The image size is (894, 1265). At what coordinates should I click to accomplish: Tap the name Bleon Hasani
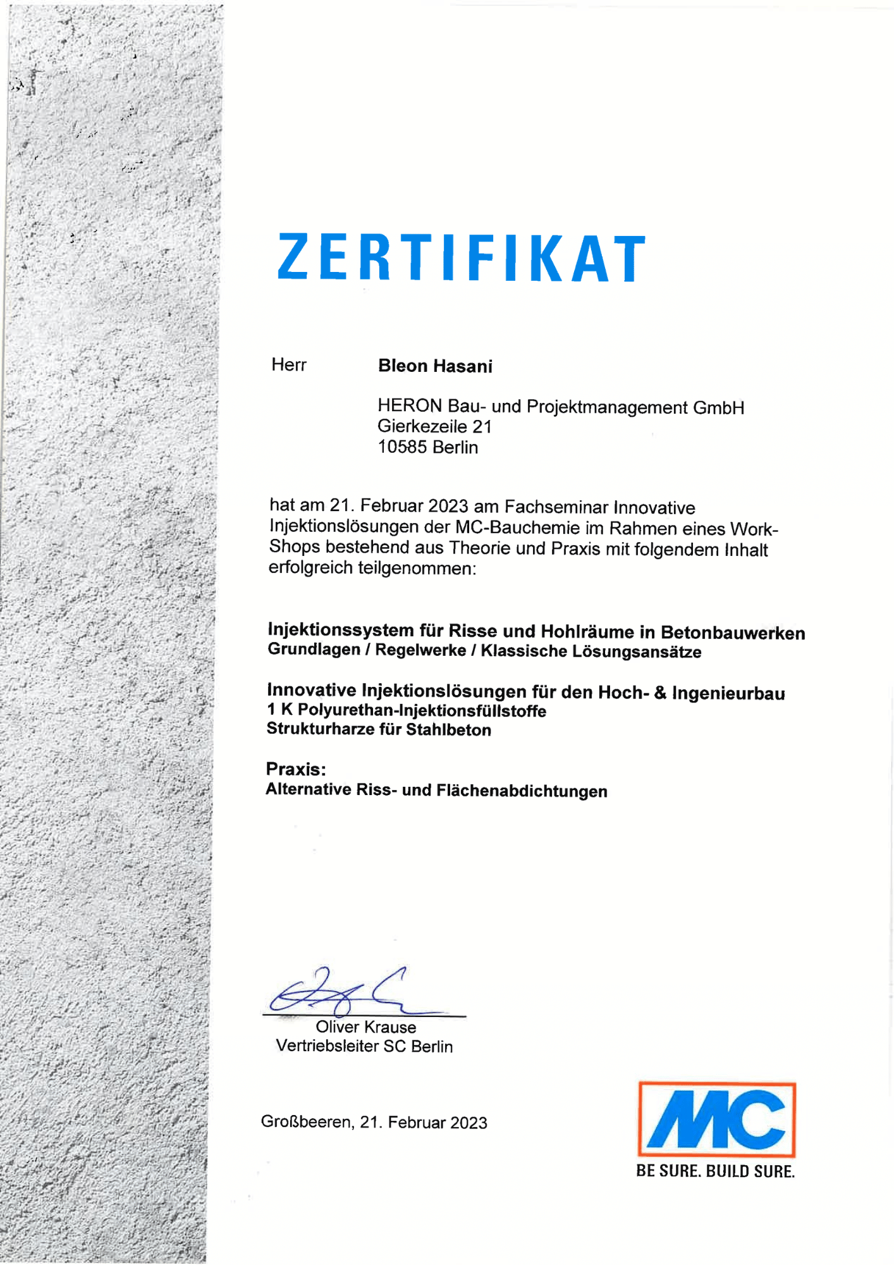[x=435, y=366]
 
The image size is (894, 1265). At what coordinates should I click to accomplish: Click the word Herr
[x=289, y=365]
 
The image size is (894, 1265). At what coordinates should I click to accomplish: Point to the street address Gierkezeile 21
[x=434, y=427]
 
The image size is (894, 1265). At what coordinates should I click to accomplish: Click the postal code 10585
[x=403, y=447]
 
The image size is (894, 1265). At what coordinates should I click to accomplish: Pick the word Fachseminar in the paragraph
[x=556, y=507]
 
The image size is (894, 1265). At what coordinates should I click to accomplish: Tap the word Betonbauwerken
[x=733, y=632]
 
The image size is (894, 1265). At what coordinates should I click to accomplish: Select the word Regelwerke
[x=420, y=650]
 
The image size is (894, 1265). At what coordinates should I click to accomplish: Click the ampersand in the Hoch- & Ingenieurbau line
[x=660, y=693]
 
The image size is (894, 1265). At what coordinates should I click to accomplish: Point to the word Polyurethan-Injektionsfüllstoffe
[x=422, y=711]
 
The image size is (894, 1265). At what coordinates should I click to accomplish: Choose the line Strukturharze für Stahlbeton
[x=379, y=729]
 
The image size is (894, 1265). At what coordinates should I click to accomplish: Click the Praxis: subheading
[x=296, y=769]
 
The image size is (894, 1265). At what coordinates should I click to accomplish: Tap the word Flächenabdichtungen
[x=522, y=791]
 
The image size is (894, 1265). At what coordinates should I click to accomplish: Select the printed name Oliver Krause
[x=366, y=1027]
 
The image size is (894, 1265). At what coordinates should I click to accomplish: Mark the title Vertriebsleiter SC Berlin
[x=364, y=1046]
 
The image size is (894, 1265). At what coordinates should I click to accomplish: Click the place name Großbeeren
[x=307, y=1122]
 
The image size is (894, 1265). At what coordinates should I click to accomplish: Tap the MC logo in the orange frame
[x=716, y=1120]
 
